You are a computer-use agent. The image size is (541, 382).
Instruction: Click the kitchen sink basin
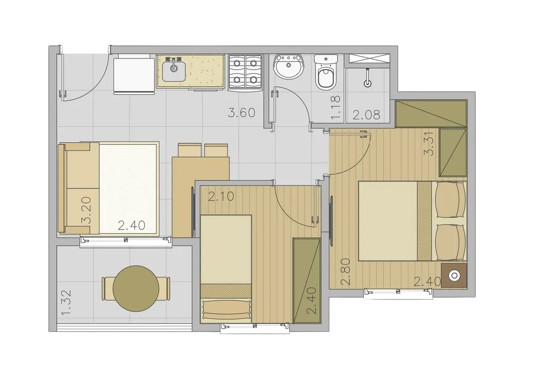click(174, 72)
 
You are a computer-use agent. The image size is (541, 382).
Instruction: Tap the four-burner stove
click(245, 72)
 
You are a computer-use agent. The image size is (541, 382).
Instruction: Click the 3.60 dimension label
click(241, 112)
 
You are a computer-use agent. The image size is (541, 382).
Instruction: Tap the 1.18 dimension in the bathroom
click(335, 108)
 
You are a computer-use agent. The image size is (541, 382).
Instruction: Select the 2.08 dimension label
click(366, 114)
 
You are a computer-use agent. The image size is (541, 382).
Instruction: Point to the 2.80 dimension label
click(346, 272)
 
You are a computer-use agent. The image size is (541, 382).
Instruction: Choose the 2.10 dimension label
click(221, 196)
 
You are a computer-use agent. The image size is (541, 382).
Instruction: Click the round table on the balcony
click(136, 288)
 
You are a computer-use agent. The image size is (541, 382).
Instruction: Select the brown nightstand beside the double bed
click(454, 276)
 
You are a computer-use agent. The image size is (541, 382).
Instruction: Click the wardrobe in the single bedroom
click(307, 280)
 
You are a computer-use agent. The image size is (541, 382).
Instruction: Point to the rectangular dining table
click(200, 197)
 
